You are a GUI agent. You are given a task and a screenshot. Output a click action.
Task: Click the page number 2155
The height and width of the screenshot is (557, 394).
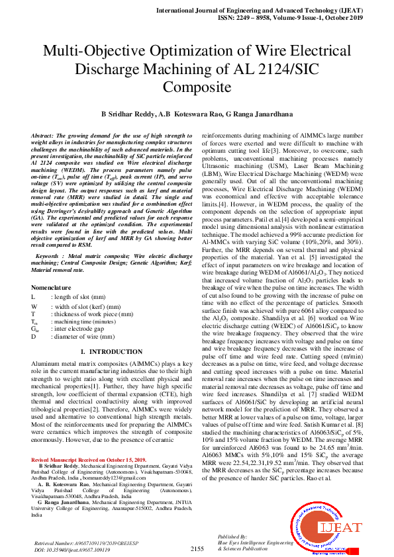pyautogui.click(x=197, y=548)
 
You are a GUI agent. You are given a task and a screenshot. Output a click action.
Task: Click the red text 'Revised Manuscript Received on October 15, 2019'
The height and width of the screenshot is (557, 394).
pyautogui.click(x=89, y=459)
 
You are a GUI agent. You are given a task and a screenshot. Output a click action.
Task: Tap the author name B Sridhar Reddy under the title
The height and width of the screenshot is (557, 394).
pyautogui.click(x=126, y=114)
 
